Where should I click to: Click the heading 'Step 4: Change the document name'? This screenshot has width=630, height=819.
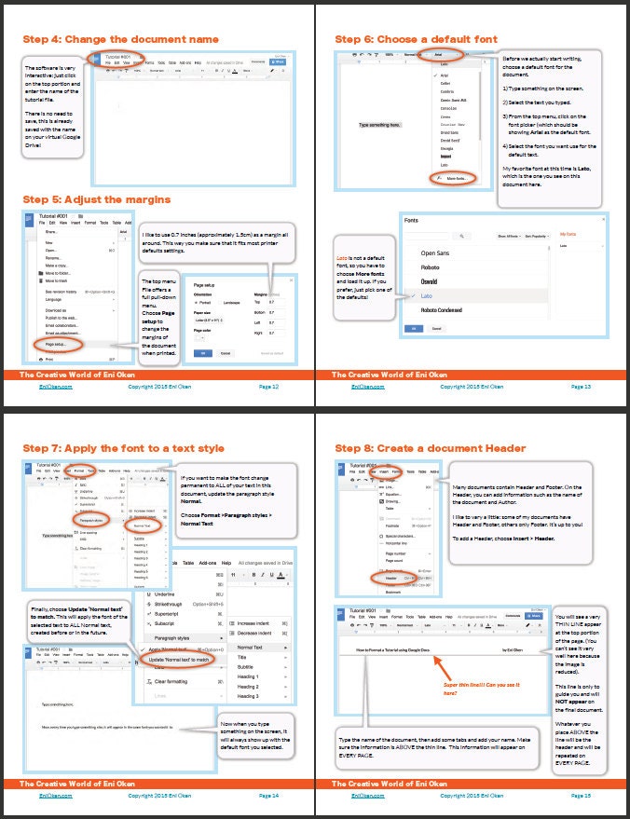(120, 39)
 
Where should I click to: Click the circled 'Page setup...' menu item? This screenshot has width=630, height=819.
(55, 344)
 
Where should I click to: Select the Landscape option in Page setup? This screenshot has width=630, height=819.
(232, 301)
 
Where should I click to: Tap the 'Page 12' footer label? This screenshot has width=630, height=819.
(268, 385)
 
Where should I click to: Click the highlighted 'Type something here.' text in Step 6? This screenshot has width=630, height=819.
(379, 124)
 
